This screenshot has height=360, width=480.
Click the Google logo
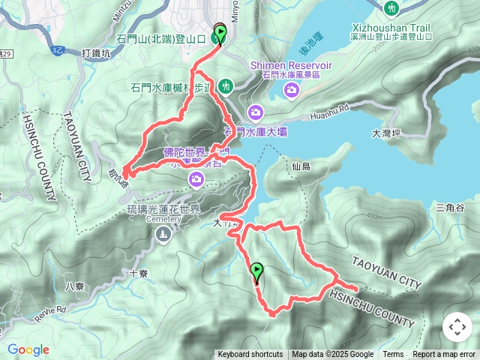point(28,349)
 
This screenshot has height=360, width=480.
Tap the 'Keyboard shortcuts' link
point(250,355)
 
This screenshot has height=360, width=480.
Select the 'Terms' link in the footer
point(393,355)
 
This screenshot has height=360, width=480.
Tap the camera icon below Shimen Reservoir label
point(291,90)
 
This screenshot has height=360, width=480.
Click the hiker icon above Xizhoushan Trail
point(391,8)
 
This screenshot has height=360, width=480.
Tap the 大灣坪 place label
point(387,133)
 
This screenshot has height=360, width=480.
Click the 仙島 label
point(301,166)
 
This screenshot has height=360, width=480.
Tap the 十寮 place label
point(138,274)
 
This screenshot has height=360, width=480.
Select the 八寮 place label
point(75,286)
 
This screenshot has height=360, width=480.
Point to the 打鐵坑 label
point(95,53)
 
